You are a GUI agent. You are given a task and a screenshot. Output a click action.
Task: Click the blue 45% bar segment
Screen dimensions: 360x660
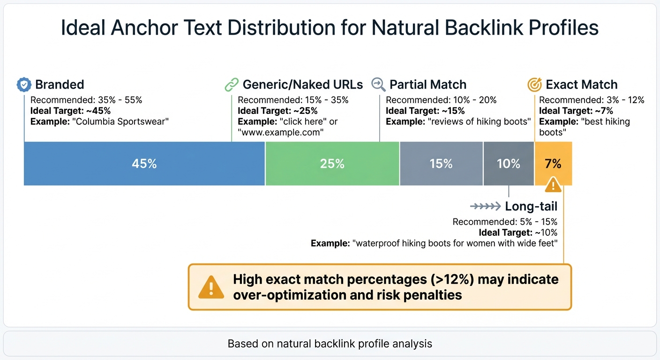(144, 164)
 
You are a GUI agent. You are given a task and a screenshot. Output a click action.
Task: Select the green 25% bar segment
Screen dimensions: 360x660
(332, 164)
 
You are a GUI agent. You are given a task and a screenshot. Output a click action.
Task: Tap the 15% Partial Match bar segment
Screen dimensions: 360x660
(441, 164)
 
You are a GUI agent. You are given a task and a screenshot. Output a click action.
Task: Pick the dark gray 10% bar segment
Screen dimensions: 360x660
(509, 164)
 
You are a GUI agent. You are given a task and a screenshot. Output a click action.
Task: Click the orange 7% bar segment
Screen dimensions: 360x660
(553, 164)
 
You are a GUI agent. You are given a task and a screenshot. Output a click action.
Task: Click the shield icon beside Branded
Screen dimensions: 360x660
(23, 85)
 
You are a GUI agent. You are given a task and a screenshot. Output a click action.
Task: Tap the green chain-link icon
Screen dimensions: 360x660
(232, 85)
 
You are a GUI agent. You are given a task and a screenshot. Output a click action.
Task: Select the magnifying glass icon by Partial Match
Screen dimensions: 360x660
(378, 84)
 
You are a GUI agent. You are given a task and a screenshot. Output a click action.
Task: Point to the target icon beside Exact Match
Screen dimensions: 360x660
(534, 85)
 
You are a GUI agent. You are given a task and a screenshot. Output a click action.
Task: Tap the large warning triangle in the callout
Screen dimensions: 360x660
(211, 287)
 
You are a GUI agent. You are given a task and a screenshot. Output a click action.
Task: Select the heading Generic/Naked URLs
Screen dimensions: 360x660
(302, 85)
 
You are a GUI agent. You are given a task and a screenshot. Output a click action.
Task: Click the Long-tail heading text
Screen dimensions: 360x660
(531, 206)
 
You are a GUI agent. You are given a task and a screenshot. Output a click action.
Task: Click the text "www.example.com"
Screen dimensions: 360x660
(281, 132)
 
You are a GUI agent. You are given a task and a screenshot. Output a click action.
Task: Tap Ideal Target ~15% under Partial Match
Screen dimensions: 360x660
(425, 111)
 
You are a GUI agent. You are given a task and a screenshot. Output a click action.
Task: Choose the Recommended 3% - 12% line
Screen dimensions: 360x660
(592, 100)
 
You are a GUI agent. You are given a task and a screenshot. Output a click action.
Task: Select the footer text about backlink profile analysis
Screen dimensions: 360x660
(330, 344)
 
